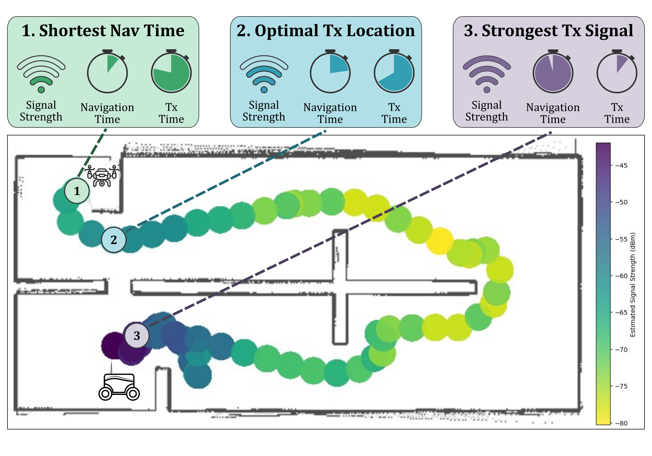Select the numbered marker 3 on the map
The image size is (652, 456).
pos(137,336)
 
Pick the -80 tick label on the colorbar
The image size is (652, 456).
pos(621,423)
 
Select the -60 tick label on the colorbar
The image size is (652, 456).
pos(621,276)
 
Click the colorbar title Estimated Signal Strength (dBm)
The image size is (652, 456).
pos(633,285)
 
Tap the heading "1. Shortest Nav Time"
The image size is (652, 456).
pos(103,31)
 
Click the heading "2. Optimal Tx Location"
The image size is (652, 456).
pos(326,31)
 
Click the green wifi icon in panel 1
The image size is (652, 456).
pos(41,74)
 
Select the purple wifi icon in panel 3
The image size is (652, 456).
pos(487,74)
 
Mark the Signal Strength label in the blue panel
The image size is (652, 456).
pos(264,111)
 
